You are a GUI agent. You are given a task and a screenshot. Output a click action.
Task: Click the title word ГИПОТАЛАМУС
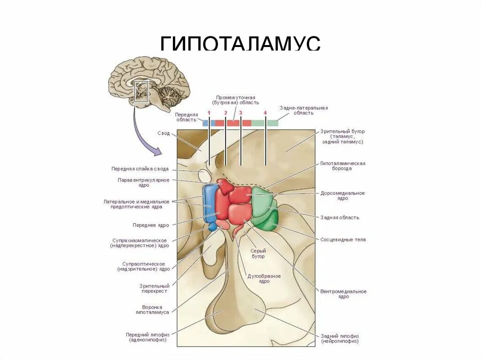click(x=240, y=44)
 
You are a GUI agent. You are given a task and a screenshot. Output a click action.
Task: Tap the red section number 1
click(x=209, y=113)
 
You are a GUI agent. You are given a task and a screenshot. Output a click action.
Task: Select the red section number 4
click(x=265, y=113)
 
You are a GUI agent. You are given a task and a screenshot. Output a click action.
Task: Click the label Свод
click(x=163, y=133)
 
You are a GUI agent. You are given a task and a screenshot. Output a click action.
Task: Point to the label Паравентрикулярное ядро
click(x=143, y=183)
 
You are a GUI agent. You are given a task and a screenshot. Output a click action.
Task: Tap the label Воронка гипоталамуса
click(x=152, y=310)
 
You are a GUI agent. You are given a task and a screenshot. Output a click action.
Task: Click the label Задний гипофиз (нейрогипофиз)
click(x=340, y=338)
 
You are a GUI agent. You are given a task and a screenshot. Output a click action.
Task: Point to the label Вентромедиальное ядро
click(x=343, y=294)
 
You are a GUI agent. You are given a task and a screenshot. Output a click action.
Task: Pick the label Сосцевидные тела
click(x=343, y=240)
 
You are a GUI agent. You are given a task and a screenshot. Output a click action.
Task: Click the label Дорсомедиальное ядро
click(x=342, y=196)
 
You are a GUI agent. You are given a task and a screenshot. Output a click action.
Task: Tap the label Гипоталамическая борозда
click(x=342, y=166)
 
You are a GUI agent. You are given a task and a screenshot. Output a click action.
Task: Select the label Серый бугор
click(x=257, y=253)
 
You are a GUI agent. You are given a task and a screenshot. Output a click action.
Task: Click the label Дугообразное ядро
click(x=264, y=278)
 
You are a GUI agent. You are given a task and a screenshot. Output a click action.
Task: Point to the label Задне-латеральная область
click(x=303, y=110)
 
